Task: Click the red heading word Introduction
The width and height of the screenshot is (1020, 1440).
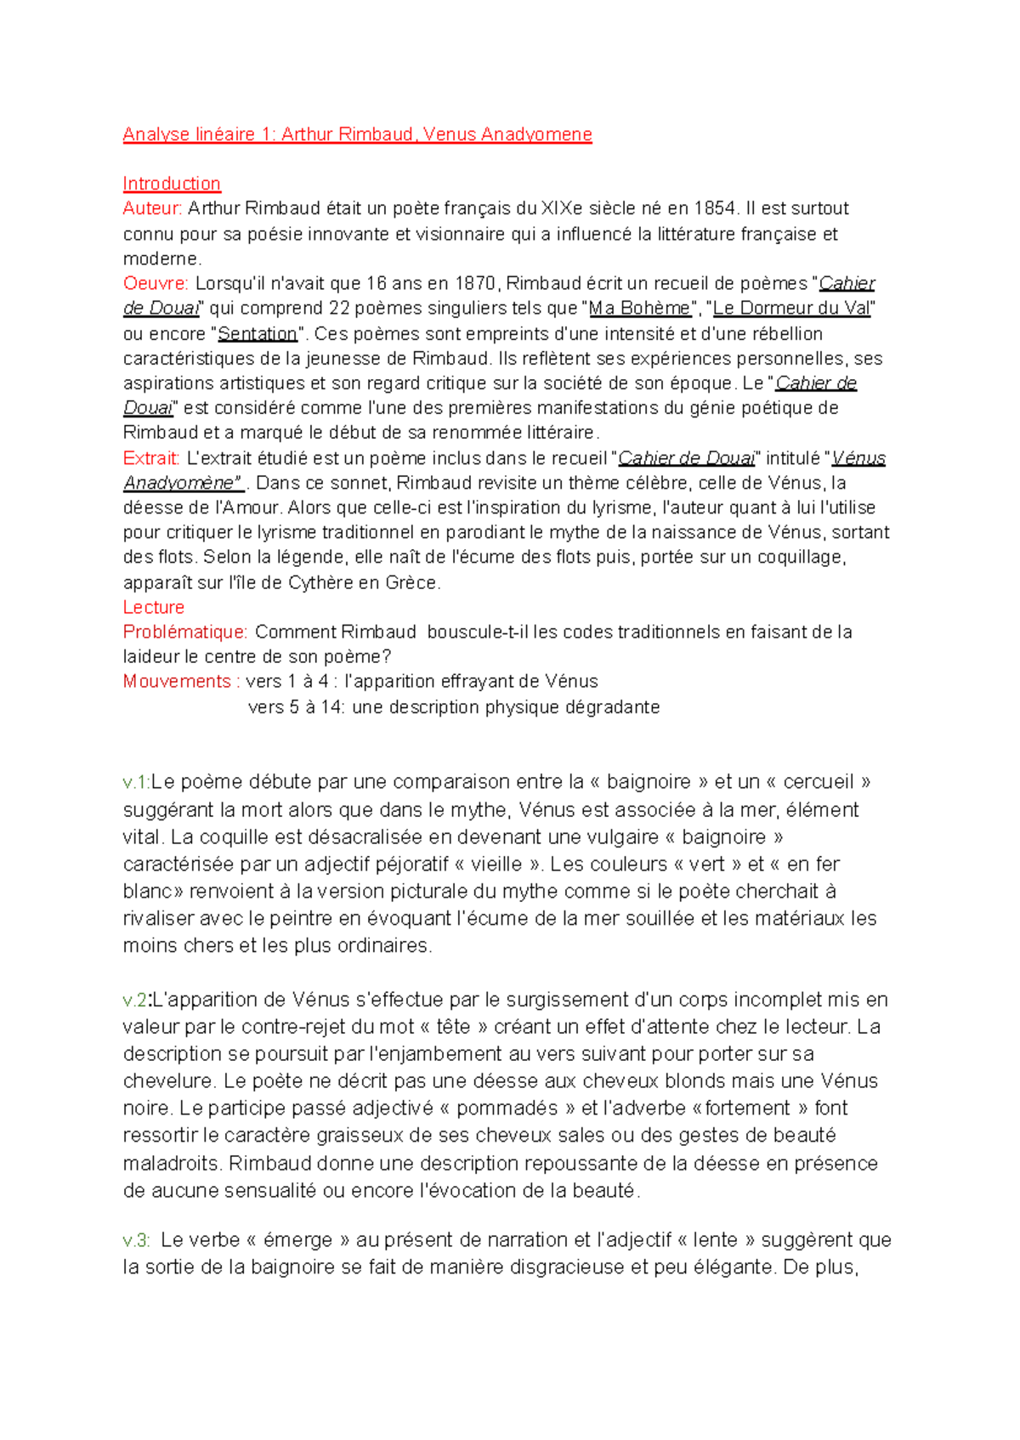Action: (172, 184)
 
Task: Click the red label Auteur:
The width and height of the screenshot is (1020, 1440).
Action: (152, 208)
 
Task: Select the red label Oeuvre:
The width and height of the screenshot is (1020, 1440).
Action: (156, 283)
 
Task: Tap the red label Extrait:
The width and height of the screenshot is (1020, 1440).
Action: (151, 458)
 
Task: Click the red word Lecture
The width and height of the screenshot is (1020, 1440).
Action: (153, 607)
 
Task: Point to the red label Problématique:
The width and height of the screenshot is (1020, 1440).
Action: (185, 632)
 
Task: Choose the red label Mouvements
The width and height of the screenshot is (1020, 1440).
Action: (177, 681)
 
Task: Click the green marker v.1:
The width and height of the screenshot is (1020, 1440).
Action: (136, 782)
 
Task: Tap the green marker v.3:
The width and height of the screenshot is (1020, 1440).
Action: (136, 1240)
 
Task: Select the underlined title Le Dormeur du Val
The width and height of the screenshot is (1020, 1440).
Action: (791, 308)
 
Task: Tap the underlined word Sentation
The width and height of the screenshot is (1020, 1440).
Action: (258, 333)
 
